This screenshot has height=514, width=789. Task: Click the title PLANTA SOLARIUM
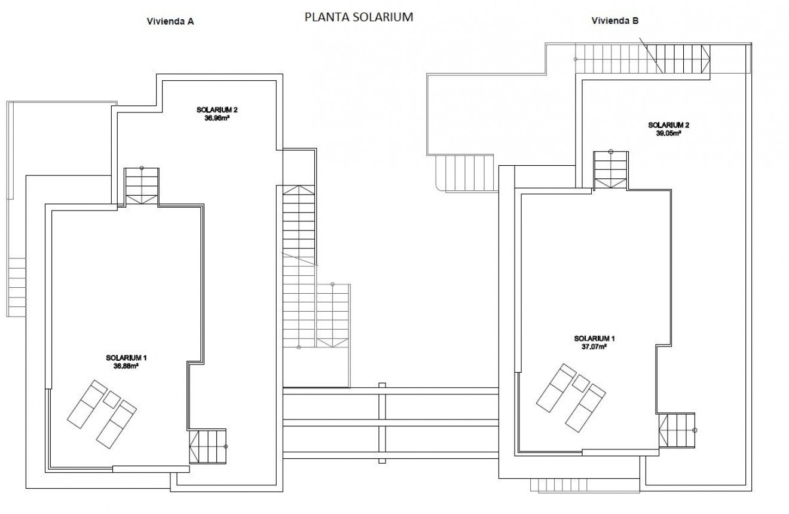pos(359,17)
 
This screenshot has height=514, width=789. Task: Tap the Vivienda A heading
pos(170,21)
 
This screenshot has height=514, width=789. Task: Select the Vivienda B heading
pos(615,21)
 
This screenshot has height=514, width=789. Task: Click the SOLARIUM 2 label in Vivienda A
pos(213,110)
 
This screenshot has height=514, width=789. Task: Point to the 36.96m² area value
pos(213,118)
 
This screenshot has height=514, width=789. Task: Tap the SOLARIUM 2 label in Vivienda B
pos(669,125)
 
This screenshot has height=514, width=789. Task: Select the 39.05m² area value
pos(669,133)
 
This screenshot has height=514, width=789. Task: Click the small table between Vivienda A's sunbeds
pos(112,399)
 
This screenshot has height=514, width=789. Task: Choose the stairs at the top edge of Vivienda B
pos(643,59)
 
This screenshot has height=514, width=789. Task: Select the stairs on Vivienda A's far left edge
pos(17,287)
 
